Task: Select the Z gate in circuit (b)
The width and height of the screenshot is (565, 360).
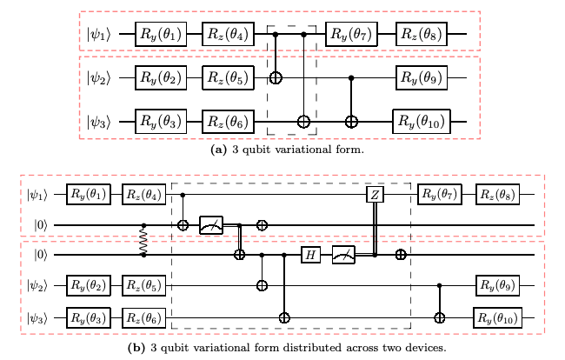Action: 375,194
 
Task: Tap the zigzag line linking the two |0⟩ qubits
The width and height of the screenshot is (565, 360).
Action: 144,240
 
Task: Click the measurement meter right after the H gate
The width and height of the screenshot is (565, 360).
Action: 345,255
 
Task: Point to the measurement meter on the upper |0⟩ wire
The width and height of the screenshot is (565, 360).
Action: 212,224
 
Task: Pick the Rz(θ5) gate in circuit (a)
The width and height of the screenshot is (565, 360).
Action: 227,78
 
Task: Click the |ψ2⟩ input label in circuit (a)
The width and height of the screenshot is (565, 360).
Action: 101,78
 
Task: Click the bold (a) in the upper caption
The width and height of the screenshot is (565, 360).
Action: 220,149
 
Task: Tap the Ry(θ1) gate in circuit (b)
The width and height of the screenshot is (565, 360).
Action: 90,194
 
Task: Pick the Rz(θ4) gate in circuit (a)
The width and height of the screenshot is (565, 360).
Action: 227,36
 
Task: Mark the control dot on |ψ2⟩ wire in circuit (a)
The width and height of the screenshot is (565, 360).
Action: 351,78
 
